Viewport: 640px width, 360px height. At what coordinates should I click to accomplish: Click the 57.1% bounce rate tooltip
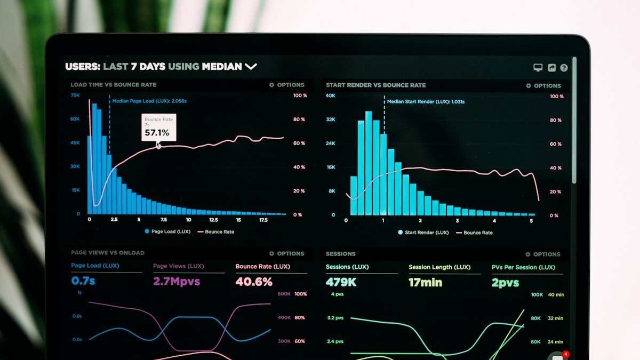[158, 127]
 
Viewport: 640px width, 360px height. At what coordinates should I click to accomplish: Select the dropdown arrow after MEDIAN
[251, 67]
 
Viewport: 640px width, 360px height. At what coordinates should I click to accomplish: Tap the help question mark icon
[564, 68]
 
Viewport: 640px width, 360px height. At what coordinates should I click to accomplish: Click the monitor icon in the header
[538, 68]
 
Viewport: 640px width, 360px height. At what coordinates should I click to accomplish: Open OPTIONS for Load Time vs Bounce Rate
[287, 85]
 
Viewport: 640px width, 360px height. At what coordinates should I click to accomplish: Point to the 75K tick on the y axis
[75, 95]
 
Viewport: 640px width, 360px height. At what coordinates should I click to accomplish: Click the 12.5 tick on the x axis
[213, 220]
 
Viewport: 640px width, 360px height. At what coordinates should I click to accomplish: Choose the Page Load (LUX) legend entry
[167, 231]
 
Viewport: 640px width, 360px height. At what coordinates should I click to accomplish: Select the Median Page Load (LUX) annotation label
[149, 101]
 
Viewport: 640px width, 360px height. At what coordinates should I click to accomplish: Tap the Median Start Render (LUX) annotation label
[426, 101]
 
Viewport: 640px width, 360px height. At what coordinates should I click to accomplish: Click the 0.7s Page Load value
[83, 281]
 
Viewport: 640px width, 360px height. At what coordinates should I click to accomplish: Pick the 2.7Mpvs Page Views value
[177, 281]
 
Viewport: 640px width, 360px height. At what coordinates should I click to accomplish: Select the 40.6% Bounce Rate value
[254, 282]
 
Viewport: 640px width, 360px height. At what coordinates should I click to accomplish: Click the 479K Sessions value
[341, 282]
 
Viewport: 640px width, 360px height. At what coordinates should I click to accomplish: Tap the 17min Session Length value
[425, 283]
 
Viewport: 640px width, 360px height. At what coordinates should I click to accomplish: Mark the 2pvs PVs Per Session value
[505, 283]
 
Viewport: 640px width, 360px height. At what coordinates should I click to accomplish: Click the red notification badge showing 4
[566, 354]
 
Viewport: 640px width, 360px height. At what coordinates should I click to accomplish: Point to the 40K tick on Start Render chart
[331, 95]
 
